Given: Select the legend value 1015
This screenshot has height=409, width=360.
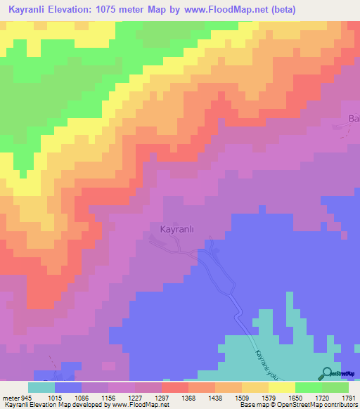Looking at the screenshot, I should click(54, 397).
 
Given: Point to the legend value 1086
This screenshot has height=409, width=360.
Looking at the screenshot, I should click(82, 397).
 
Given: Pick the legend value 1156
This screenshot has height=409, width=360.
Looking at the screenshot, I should click(109, 397).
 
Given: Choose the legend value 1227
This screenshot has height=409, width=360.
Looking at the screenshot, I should click(136, 397).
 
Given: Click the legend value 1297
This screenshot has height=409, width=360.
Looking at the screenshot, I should click(162, 397).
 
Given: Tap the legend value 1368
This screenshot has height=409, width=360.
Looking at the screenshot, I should click(189, 397).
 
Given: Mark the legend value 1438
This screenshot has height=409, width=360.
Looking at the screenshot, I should click(216, 397).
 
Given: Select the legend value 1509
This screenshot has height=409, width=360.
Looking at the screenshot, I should click(243, 397).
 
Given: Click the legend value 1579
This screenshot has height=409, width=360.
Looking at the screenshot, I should click(269, 397).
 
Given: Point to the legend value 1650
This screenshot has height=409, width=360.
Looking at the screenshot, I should click(296, 397).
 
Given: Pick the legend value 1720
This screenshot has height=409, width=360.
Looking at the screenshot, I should click(323, 397).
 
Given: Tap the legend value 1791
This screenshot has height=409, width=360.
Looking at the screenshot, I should click(348, 397).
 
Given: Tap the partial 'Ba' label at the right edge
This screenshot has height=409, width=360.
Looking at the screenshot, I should click(354, 118).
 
